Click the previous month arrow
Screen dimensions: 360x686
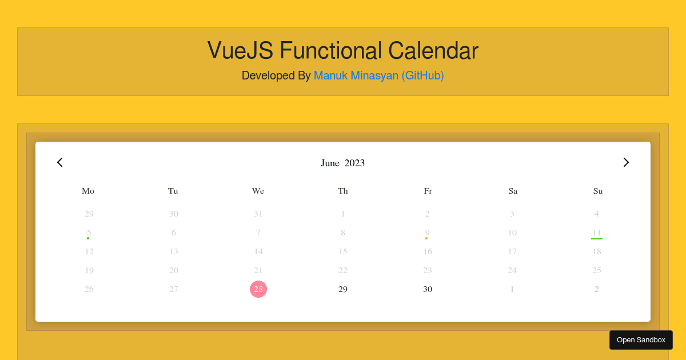point(60,162)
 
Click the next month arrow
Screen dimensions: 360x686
point(626,162)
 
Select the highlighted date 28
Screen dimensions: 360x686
point(258,289)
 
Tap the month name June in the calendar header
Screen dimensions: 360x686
point(330,163)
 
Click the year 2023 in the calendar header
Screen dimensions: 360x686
point(354,163)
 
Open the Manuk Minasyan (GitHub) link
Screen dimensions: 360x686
point(378,75)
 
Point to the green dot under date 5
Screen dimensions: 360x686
point(88,238)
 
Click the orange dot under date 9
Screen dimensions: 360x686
point(426,238)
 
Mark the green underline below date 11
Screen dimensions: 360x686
point(597,238)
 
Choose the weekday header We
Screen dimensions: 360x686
point(258,191)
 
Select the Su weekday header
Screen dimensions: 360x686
point(598,191)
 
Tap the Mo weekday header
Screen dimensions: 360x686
point(88,191)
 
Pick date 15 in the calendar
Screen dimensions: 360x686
point(343,251)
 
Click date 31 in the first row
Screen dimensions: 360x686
point(258,214)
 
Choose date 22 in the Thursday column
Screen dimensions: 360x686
point(343,270)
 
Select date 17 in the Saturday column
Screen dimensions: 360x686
point(512,251)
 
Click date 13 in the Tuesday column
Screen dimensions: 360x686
point(174,251)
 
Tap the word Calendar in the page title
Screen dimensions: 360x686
point(433,51)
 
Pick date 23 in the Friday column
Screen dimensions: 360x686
point(428,270)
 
